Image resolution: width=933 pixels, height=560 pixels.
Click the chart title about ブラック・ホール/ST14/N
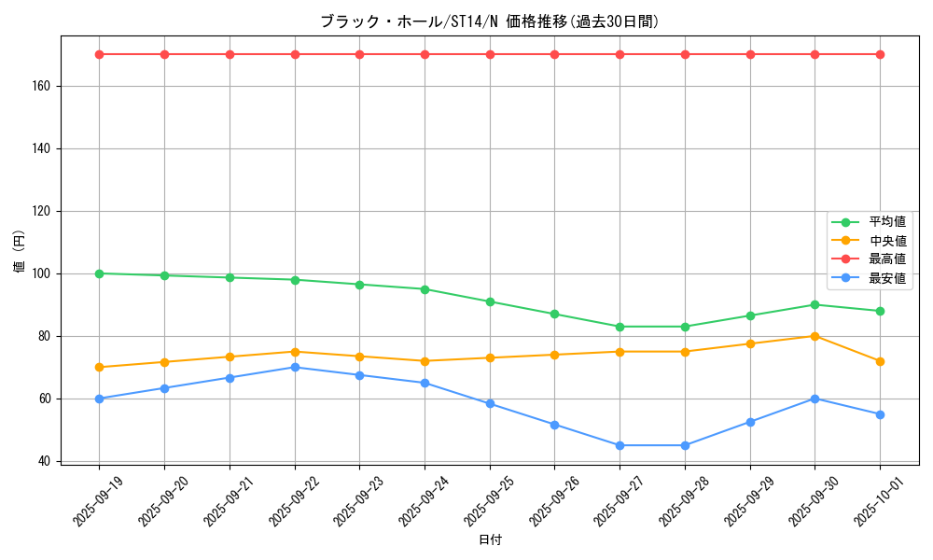click(490, 21)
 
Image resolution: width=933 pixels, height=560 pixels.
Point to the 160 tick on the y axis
click(43, 86)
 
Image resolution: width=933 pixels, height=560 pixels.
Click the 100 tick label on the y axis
click(43, 273)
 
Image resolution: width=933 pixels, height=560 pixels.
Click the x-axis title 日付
click(490, 540)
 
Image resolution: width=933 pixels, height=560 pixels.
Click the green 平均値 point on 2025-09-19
click(100, 273)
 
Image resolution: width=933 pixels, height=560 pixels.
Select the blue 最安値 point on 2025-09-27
click(620, 445)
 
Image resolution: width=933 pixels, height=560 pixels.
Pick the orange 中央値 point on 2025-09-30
click(815, 336)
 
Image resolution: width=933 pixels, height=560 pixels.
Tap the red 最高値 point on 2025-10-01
click(880, 54)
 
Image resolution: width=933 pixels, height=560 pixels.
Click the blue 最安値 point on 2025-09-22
click(295, 367)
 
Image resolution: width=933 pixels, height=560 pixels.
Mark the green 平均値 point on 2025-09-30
click(815, 304)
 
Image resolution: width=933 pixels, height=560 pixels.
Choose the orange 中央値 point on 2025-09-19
click(100, 367)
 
